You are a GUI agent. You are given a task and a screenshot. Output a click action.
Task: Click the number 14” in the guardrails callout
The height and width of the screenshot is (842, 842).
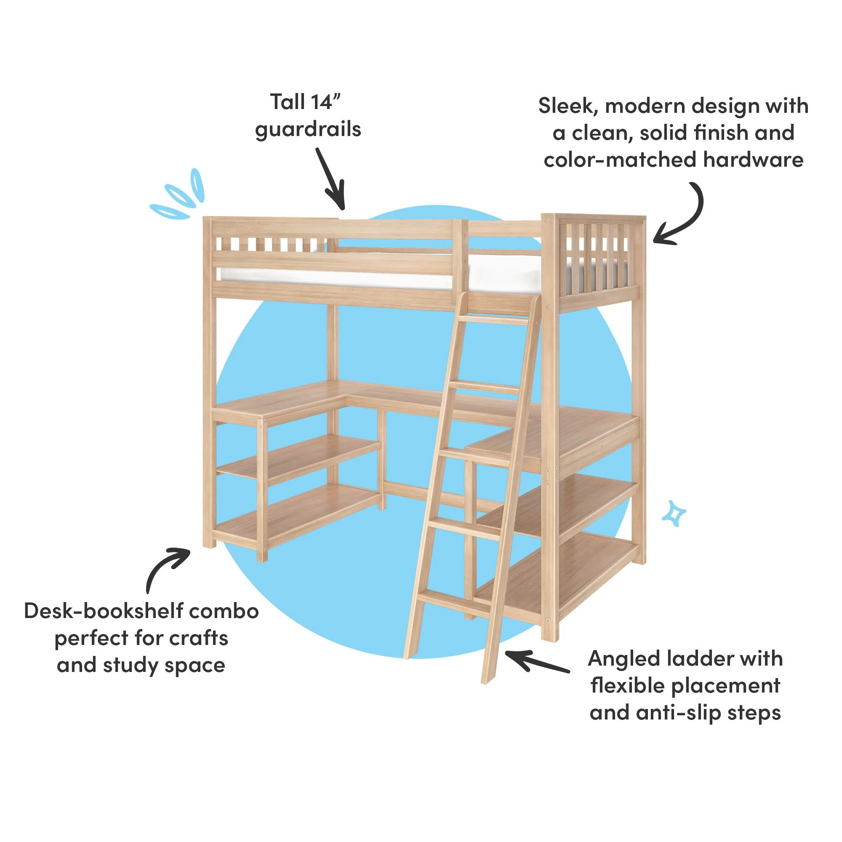325,102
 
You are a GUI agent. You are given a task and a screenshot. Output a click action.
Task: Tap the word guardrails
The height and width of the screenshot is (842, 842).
308,130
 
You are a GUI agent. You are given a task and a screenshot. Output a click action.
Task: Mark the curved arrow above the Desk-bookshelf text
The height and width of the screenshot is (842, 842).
165,567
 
